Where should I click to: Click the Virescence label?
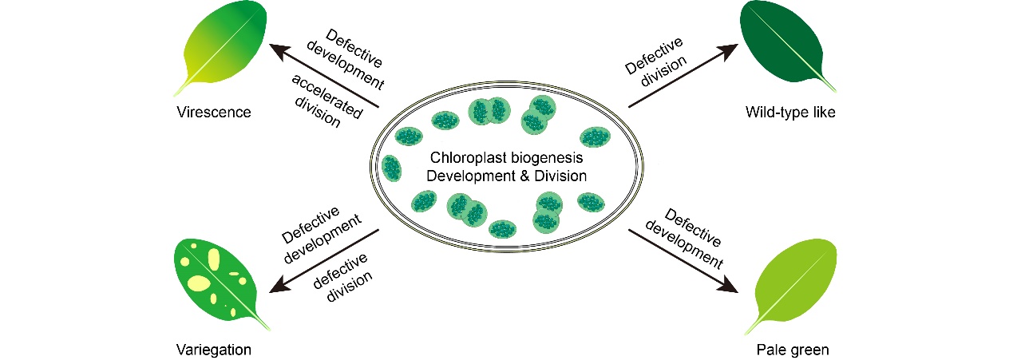click(214, 112)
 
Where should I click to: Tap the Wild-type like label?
click(790, 112)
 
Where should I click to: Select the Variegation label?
click(214, 350)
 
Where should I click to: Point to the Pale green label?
click(792, 350)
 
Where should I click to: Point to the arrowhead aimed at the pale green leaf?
click(729, 285)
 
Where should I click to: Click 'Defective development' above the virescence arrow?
click(354, 59)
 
